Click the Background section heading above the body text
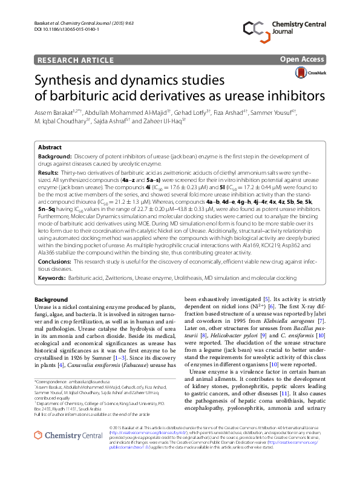tap(51, 300)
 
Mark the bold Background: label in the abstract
tap(55, 156)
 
